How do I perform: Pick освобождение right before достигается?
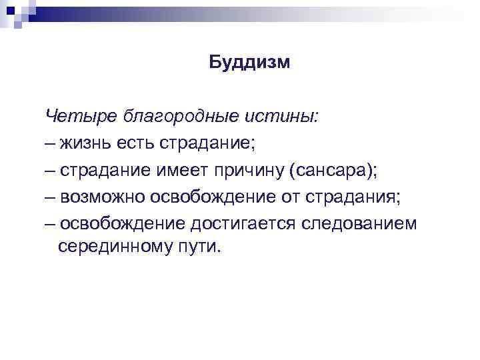point(119,223)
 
